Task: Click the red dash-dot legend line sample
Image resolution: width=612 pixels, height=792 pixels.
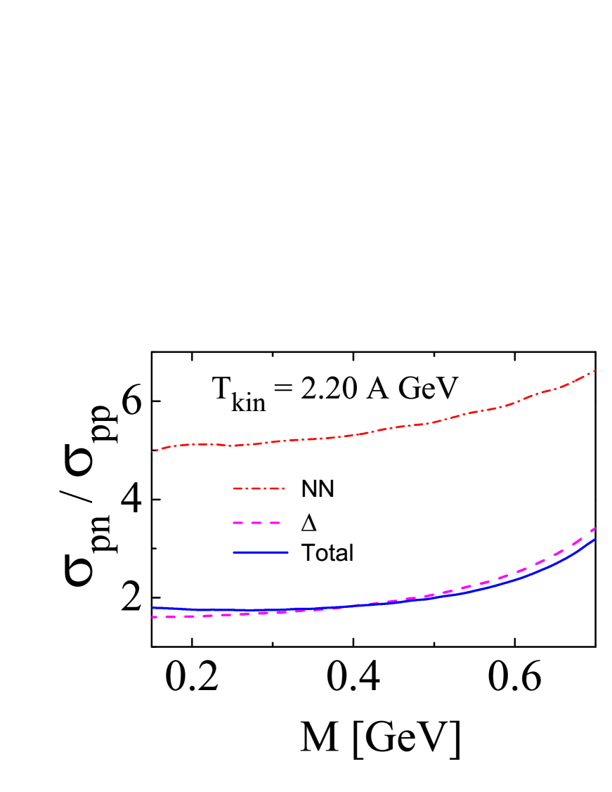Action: (259, 488)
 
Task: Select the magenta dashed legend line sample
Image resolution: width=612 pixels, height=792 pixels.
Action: (257, 523)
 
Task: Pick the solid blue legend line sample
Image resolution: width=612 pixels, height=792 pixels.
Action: (261, 552)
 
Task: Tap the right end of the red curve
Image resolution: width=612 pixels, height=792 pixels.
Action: (595, 370)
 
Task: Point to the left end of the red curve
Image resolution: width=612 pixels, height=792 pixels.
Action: (152, 451)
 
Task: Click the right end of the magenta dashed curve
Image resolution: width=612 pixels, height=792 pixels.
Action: (595, 528)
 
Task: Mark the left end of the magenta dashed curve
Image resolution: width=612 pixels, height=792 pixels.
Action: (153, 617)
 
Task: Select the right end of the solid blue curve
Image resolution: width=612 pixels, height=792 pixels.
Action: (595, 539)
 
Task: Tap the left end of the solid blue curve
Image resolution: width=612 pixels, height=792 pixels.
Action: (152, 608)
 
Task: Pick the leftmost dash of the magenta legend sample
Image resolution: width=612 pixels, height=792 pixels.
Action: (238, 523)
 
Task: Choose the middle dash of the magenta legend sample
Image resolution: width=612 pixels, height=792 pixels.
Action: (257, 523)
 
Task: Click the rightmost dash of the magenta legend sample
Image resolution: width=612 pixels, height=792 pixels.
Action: (275, 523)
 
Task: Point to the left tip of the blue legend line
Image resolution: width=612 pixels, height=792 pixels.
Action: (234, 552)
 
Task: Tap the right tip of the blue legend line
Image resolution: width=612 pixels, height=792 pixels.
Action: (288, 552)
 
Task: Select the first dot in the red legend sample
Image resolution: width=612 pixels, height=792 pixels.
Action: (247, 488)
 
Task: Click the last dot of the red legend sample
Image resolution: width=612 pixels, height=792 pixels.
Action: (283, 488)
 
